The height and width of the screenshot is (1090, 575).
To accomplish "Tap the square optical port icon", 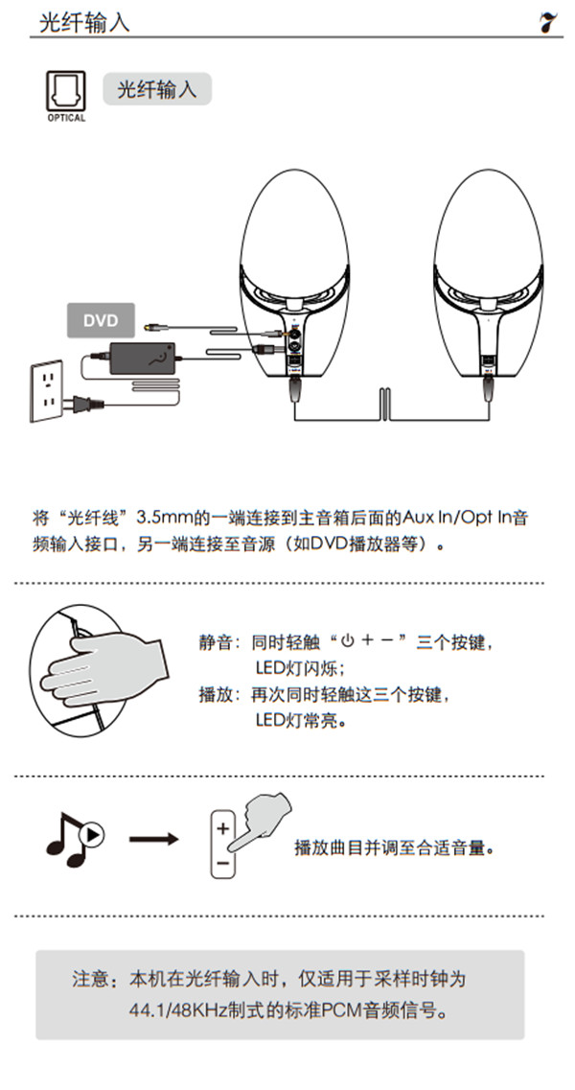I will click(64, 93).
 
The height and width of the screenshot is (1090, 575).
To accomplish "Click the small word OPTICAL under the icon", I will click(65, 119).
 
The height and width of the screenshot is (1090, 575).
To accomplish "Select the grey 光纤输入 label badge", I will click(156, 89).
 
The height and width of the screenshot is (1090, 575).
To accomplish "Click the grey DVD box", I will click(101, 320).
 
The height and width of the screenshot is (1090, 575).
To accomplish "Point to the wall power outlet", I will click(45, 390).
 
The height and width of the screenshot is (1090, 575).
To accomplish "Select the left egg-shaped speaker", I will click(297, 268).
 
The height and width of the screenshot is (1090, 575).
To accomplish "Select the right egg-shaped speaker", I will click(487, 268).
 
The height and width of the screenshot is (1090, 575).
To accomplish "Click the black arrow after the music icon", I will click(153, 840).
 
